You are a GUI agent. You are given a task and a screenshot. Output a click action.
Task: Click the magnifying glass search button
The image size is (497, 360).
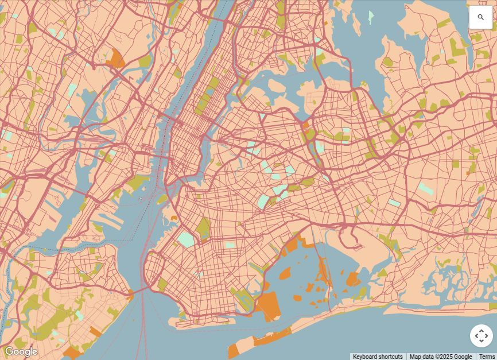coord(481,17)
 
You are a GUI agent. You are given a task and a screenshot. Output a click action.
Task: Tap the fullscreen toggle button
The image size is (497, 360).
coord(481,336)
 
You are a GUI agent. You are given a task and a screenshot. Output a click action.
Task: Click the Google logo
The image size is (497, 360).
coord(21,351)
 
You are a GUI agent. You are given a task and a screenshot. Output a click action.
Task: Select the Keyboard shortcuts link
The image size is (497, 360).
coord(378,357)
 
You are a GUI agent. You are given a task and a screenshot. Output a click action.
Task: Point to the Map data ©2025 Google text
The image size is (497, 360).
coord(441,357)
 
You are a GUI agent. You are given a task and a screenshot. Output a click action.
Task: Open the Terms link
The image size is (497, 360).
coord(487,357)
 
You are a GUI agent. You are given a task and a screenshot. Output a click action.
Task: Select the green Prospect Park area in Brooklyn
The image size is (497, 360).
coord(203,228)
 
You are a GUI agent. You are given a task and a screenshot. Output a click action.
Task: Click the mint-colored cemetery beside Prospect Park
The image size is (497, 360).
coord(187,239)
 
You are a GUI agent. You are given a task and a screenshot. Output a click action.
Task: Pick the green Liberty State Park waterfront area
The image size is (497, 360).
coord(136,184)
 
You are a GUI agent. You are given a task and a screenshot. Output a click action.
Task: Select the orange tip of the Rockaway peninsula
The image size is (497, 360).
coord(233,350)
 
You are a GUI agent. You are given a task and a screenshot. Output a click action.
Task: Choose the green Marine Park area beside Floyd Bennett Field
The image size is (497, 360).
coord(244,298)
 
